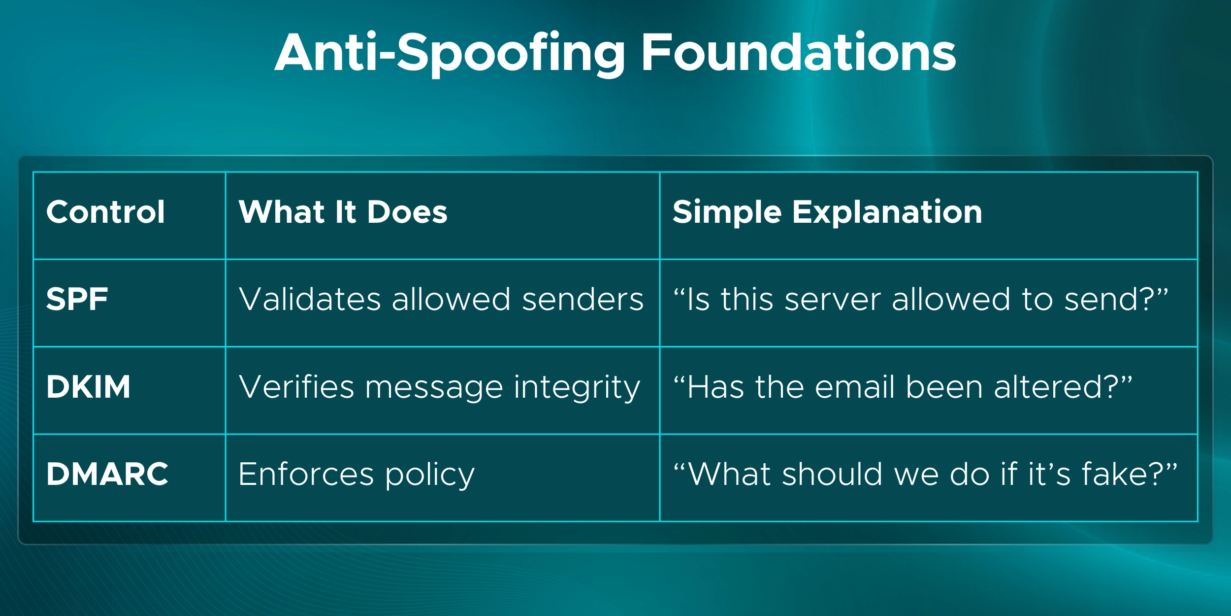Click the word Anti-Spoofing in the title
coord(450,53)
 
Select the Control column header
coord(105,212)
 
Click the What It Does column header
coord(343,212)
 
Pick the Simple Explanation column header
coord(827,212)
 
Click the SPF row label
coord(77,299)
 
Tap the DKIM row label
coord(89,387)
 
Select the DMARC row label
coord(107,474)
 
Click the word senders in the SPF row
coord(583,299)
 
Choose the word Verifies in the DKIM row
coord(296,387)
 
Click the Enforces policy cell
coord(356,475)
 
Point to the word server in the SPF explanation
coord(833,300)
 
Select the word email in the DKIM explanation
coord(855,387)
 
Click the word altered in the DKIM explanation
coord(1049,387)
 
